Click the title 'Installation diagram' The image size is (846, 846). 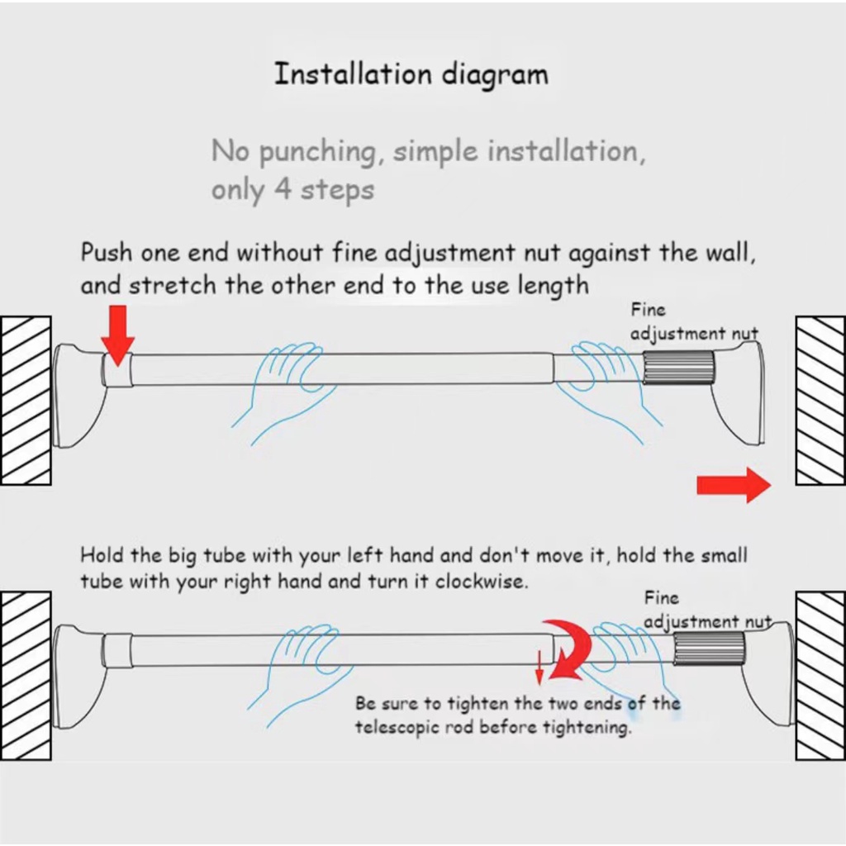(x=411, y=74)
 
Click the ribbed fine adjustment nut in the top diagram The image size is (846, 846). (x=678, y=367)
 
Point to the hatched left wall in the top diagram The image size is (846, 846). (x=26, y=400)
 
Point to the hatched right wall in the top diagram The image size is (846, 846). (x=820, y=400)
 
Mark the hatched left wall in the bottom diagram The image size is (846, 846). (x=26, y=675)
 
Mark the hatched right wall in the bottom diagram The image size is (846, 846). (x=820, y=675)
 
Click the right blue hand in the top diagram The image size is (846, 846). (x=607, y=376)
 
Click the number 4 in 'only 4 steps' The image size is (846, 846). (x=283, y=190)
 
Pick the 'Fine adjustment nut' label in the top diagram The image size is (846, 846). (x=692, y=322)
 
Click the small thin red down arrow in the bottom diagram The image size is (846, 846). (x=539, y=667)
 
